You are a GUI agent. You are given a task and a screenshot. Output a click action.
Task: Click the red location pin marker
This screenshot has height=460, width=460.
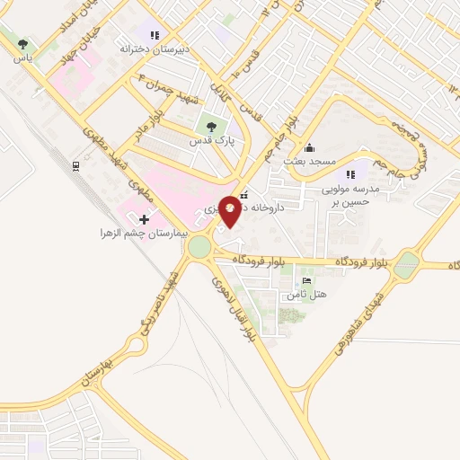click(x=230, y=210)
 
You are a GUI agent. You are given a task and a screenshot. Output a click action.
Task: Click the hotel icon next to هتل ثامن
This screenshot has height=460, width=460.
click(x=307, y=281)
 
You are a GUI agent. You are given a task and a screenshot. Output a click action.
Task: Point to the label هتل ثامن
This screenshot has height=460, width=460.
click(x=313, y=294)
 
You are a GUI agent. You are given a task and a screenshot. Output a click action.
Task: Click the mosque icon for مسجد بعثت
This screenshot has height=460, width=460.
click(x=310, y=148)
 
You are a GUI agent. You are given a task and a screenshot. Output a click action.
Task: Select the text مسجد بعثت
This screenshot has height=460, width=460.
click(x=309, y=161)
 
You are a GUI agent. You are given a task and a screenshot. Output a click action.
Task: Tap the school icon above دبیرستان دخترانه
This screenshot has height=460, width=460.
click(x=155, y=35)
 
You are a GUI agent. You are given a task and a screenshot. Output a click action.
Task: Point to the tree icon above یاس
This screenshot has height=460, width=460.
click(x=22, y=43)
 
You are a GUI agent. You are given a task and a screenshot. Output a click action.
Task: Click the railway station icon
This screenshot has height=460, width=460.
click(x=75, y=166)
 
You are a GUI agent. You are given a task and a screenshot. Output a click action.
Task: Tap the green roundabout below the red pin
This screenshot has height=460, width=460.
click(x=199, y=246)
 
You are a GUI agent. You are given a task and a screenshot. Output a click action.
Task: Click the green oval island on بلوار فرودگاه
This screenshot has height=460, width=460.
click(x=407, y=264)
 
